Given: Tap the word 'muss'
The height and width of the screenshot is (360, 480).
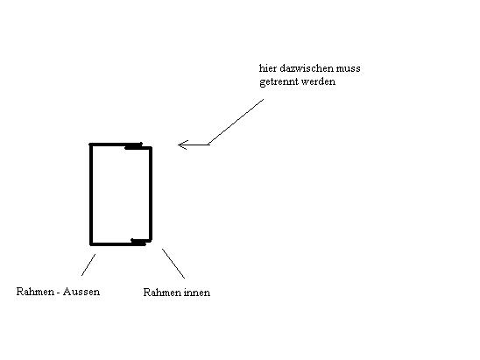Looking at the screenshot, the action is [349, 69].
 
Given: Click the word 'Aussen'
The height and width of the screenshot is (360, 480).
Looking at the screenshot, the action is [81, 292].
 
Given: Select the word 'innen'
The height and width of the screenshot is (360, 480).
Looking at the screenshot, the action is [197, 293].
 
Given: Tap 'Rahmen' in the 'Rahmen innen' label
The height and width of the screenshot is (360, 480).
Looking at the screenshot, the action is [162, 293].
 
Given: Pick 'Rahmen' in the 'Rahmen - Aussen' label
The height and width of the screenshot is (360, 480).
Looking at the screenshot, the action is [35, 292].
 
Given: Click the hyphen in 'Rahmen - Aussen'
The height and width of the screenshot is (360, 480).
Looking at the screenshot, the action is [59, 293].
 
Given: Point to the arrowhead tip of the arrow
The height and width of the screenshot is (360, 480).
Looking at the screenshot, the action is [179, 145].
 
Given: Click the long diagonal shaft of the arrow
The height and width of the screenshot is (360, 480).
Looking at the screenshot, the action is [236, 122].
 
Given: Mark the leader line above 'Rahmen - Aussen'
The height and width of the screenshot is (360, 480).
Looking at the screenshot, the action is [88, 265].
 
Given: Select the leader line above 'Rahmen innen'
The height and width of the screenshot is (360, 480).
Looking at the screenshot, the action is [173, 264].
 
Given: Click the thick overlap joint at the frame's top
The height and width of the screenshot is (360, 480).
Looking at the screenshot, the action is [133, 147].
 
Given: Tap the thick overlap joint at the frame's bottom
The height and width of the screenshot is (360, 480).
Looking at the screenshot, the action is [138, 242].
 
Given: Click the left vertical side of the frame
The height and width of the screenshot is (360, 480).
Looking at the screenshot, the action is [91, 194].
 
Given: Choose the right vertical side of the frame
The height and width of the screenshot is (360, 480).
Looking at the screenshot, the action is [151, 194].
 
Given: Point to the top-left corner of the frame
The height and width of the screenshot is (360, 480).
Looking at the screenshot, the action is [90, 145].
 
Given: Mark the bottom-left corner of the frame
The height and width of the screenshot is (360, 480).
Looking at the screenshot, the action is [91, 244].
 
